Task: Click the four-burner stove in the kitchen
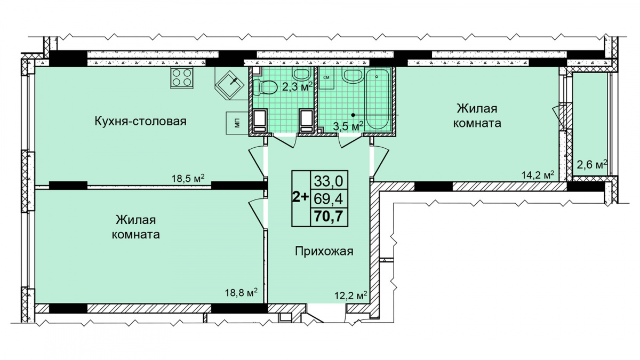tap(182, 78)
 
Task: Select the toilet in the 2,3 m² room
tap(265, 87)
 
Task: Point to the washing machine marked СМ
tap(326, 78)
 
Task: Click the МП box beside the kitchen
tap(237, 123)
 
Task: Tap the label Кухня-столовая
tap(140, 121)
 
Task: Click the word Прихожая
tap(324, 252)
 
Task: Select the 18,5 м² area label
tap(188, 178)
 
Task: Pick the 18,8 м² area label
tap(241, 292)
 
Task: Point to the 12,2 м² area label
tap(350, 296)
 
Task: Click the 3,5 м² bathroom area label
tap(348, 126)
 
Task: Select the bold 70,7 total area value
tap(329, 217)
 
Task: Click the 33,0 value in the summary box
tap(329, 181)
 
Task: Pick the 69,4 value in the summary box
tap(329, 198)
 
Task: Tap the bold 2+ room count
tap(301, 197)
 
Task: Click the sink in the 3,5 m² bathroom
tap(353, 76)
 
